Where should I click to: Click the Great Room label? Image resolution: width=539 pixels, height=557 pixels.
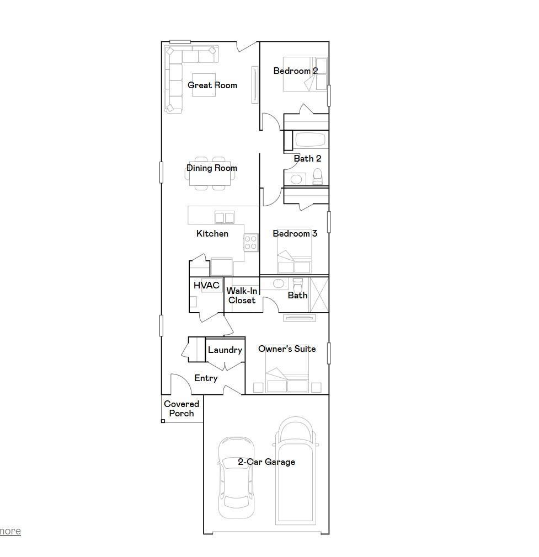(x=212, y=85)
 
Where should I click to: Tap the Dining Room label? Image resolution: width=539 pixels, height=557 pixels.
(x=212, y=168)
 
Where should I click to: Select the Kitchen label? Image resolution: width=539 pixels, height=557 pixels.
(x=212, y=234)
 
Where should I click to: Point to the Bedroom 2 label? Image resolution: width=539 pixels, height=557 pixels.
(x=296, y=71)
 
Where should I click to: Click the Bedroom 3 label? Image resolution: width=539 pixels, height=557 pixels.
(x=295, y=234)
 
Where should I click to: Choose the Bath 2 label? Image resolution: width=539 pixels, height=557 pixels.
(x=307, y=159)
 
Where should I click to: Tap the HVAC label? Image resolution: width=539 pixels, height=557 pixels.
(x=206, y=286)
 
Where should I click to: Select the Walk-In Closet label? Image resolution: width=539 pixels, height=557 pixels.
(x=242, y=296)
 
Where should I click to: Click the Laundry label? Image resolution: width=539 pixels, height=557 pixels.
(x=225, y=350)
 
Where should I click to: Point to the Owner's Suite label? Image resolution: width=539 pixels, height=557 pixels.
(x=287, y=349)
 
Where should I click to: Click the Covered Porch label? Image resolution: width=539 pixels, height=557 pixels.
(x=182, y=409)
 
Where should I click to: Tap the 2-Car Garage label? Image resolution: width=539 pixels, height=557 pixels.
(x=266, y=462)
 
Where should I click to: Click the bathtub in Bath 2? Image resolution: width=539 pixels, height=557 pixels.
(x=311, y=140)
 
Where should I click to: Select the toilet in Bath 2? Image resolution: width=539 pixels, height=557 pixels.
(x=318, y=177)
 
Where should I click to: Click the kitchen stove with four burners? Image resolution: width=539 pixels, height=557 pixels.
(x=251, y=242)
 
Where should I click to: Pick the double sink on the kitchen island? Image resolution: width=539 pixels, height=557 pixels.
(x=225, y=217)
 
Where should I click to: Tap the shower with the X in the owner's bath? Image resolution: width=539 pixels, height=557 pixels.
(x=319, y=294)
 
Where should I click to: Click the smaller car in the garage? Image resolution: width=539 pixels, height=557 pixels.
(x=236, y=478)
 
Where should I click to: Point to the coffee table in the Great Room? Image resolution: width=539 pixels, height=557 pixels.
(x=204, y=85)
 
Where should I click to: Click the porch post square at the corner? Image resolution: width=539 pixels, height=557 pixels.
(x=163, y=421)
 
